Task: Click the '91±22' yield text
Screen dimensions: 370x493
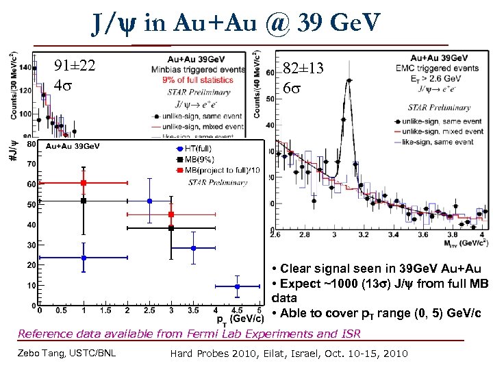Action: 75,66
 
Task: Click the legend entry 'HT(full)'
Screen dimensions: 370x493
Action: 198,149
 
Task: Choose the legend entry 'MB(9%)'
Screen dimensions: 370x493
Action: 199,159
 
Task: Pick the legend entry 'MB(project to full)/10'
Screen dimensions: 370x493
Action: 220,169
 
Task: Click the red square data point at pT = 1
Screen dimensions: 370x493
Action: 83,183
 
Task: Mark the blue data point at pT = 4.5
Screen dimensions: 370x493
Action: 237,286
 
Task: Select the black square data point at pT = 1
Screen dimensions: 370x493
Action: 83,201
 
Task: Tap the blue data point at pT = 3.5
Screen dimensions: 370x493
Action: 193,248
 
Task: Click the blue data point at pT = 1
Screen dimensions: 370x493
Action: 83,258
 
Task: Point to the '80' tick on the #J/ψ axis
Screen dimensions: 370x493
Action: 31,144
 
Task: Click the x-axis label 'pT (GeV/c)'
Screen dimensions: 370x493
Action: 240,319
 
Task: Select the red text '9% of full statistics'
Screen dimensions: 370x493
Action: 197,79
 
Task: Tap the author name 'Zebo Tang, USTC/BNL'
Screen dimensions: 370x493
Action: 66,353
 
